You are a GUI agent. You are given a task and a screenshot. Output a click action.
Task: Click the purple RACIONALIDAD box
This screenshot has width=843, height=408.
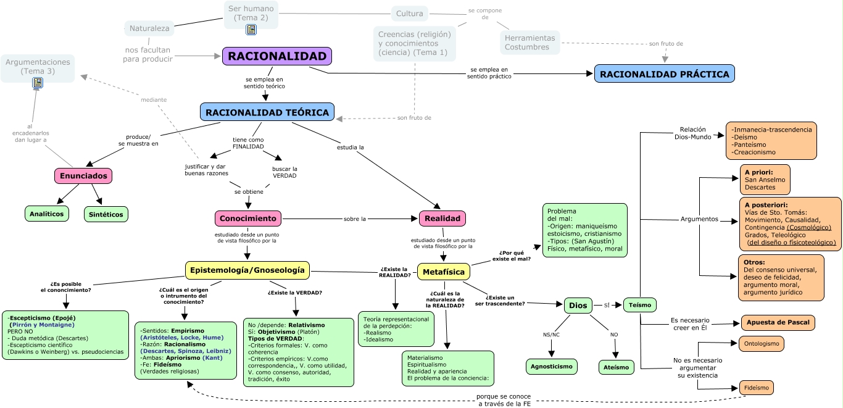[277, 56]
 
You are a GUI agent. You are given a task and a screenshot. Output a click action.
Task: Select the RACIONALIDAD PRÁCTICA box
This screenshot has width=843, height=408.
[664, 74]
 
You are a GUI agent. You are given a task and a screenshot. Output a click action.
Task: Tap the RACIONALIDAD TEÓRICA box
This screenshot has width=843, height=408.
[267, 112]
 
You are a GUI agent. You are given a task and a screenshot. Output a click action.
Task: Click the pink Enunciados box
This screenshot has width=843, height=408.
[83, 176]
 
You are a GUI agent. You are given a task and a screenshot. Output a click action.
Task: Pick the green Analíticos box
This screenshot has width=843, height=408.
[47, 214]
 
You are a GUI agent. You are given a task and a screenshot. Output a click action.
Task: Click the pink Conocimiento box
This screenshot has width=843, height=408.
[248, 219]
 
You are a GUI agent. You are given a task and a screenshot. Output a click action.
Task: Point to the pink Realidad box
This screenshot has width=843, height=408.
[442, 219]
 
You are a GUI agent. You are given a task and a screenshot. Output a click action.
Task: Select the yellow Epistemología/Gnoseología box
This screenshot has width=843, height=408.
[247, 270]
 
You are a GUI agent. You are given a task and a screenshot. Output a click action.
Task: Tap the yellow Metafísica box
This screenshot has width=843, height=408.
[444, 272]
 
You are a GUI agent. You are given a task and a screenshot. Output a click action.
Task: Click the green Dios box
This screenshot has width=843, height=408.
[578, 305]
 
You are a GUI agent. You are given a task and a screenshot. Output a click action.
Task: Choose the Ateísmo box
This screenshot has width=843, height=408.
[616, 367]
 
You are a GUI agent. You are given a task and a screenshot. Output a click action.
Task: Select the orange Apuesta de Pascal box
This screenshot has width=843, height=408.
[778, 322]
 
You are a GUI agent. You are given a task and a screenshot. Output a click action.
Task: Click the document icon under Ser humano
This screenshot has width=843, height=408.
[251, 30]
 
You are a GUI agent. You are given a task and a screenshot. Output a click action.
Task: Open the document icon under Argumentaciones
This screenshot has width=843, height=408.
[38, 83]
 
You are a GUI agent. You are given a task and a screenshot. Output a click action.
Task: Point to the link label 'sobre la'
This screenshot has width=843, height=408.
[355, 219]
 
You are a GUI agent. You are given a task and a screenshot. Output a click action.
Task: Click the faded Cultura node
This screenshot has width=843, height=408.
[410, 14]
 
